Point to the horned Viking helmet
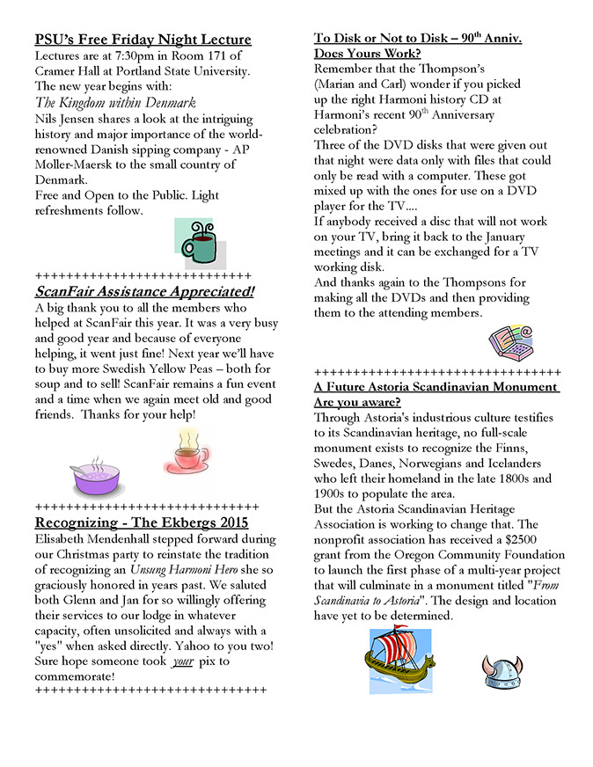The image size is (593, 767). [501, 671]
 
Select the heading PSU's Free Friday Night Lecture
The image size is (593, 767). [143, 40]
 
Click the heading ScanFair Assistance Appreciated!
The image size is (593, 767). [144, 291]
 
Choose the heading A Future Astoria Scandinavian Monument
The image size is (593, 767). [436, 387]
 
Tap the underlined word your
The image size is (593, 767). [181, 661]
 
